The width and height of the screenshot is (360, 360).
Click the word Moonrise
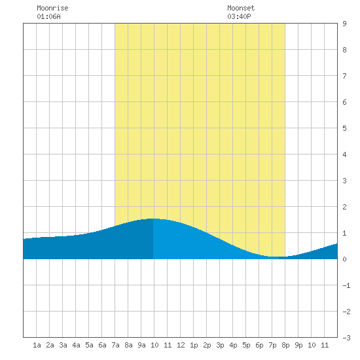click(52, 8)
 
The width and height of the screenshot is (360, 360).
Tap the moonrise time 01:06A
click(48, 16)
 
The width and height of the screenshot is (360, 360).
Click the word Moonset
click(241, 8)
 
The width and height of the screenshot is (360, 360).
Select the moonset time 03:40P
click(239, 16)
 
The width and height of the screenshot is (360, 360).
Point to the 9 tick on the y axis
click(344, 24)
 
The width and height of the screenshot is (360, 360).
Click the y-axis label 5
click(344, 128)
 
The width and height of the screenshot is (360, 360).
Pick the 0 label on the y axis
click(344, 259)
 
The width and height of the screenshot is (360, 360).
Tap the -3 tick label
click(346, 338)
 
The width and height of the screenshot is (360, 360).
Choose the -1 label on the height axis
click(346, 285)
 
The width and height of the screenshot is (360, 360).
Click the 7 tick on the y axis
click(344, 76)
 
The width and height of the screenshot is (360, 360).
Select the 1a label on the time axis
click(37, 345)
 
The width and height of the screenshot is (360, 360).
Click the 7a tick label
click(115, 345)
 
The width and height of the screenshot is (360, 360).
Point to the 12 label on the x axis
click(181, 345)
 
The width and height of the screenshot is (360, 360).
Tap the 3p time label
click(220, 345)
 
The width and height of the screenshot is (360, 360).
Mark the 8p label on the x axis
click(285, 345)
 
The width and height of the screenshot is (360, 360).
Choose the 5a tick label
click(89, 345)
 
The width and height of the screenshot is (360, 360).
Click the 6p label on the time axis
click(259, 345)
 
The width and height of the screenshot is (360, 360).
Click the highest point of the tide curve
click(153, 219)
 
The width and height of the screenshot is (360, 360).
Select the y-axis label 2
click(344, 207)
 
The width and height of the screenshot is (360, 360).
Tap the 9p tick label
click(298, 345)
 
